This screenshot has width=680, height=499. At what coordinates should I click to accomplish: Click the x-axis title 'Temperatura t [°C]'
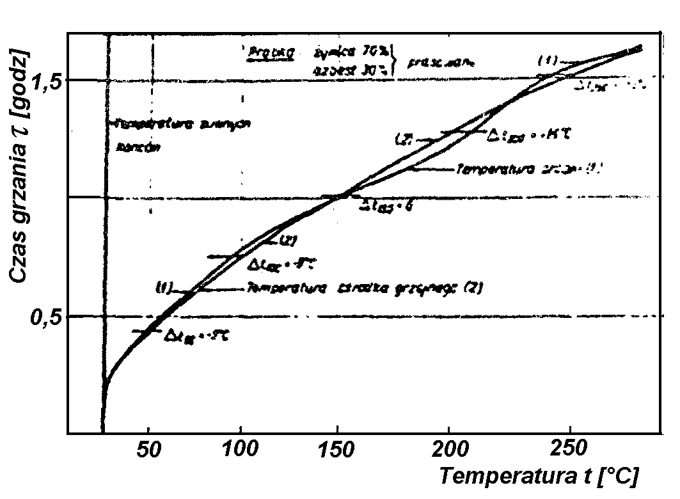click(x=538, y=477)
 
